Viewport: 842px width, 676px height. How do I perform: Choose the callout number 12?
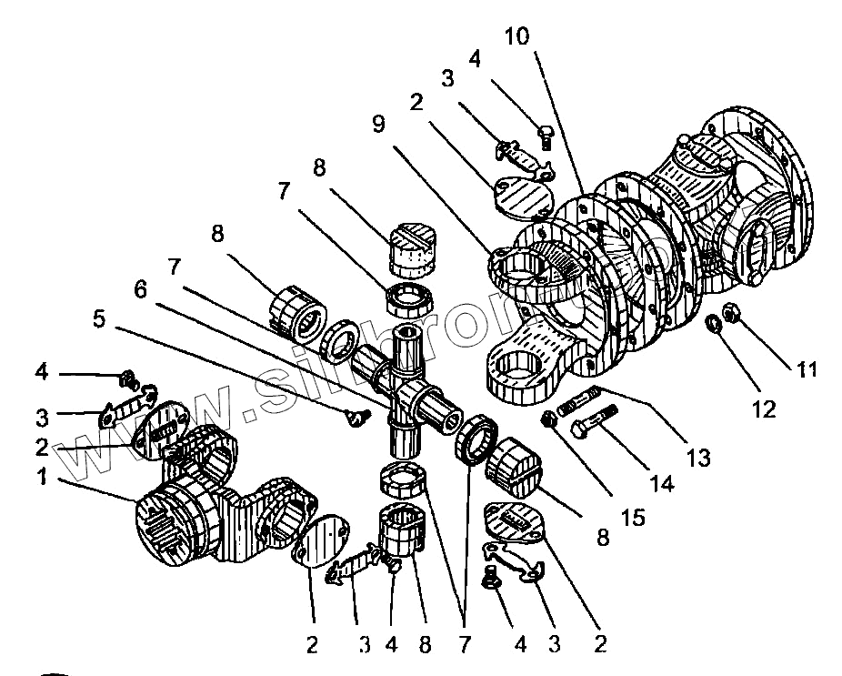pos(764,409)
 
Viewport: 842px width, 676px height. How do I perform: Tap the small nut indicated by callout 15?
pos(549,419)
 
